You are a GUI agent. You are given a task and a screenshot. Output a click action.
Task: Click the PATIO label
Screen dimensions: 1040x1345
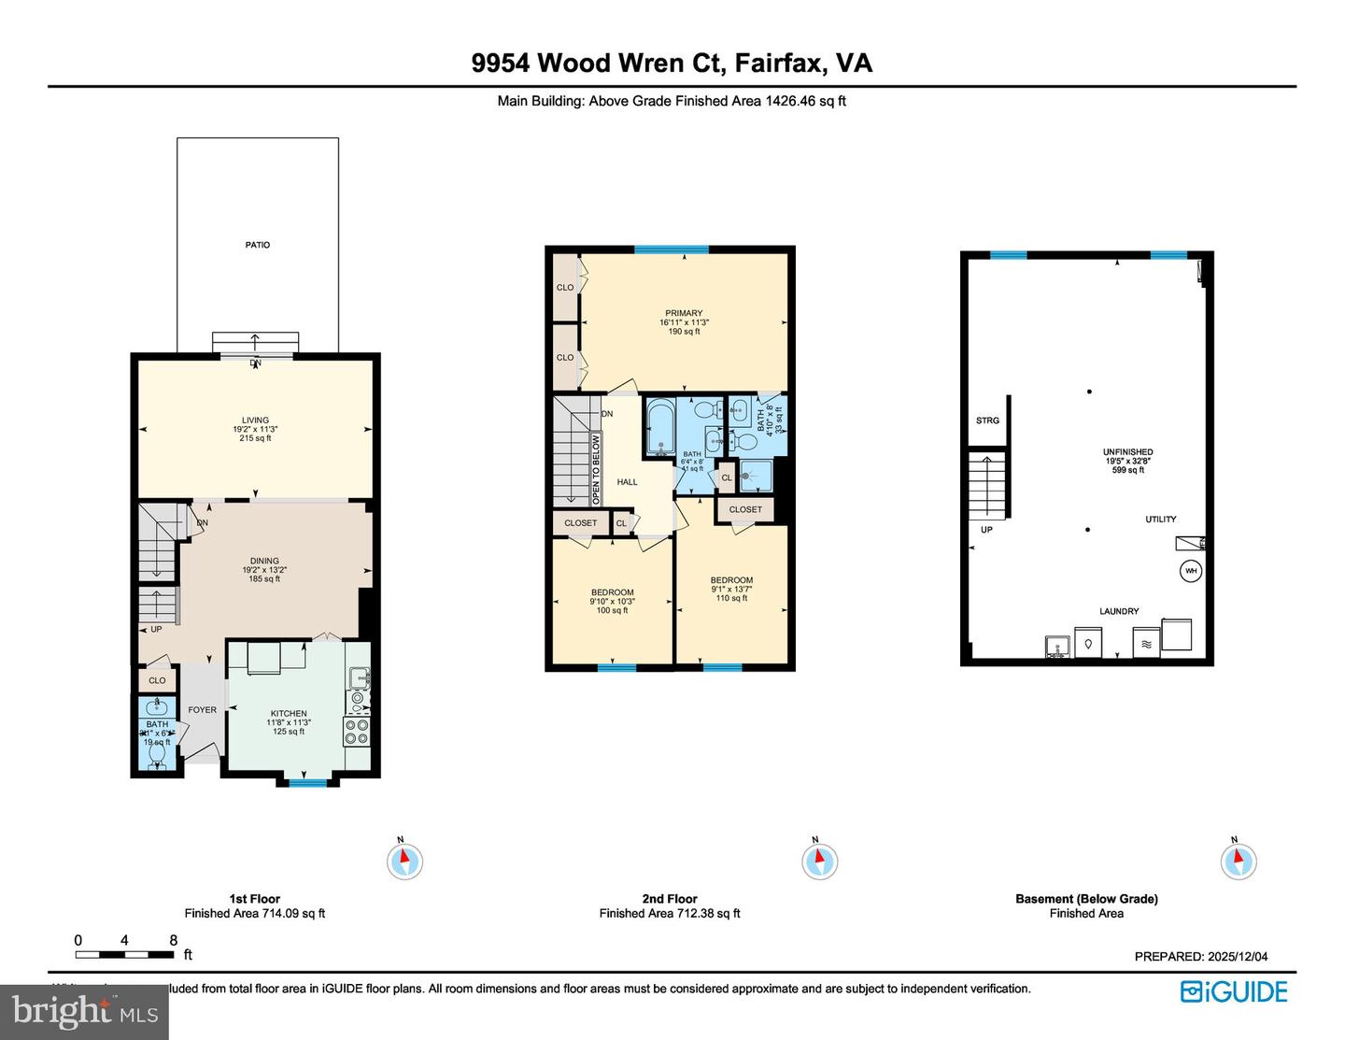[258, 245]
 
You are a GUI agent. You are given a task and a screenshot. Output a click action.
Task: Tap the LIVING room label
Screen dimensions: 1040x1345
[255, 420]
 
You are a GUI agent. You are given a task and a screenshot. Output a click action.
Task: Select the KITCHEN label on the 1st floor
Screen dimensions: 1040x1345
[289, 713]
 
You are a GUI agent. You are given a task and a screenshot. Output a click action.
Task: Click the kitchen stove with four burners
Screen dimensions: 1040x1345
[356, 731]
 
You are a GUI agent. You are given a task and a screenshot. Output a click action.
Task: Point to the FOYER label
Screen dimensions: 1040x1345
[202, 710]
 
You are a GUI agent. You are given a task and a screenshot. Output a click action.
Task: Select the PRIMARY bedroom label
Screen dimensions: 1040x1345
[684, 314]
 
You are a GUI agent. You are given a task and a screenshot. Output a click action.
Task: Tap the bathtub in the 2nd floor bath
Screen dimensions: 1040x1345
[660, 428]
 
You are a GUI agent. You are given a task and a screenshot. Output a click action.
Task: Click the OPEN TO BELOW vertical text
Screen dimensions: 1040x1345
[596, 470]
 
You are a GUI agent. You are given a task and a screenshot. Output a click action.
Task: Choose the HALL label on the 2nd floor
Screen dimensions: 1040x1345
[627, 482]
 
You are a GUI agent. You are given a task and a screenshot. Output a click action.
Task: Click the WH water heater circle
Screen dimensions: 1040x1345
[1191, 571]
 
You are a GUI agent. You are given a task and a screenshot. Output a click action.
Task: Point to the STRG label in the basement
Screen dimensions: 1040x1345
[987, 420]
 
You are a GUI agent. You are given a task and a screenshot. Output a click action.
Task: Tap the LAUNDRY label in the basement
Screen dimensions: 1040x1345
[1119, 611]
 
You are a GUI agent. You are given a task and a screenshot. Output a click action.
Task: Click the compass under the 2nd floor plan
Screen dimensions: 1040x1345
[819, 860]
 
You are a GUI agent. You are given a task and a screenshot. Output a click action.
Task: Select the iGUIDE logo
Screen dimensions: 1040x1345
[1234, 991]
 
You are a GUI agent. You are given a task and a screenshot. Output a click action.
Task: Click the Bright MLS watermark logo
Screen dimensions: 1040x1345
[84, 1012]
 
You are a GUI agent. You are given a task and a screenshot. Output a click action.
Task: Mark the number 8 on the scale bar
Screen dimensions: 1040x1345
[174, 941]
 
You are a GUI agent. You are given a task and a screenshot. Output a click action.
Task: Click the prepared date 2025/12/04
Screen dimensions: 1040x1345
[1237, 956]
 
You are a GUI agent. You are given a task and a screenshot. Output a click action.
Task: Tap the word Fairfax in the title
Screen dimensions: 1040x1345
[779, 63]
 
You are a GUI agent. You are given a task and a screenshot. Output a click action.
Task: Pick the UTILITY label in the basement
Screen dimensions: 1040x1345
[1161, 520]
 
